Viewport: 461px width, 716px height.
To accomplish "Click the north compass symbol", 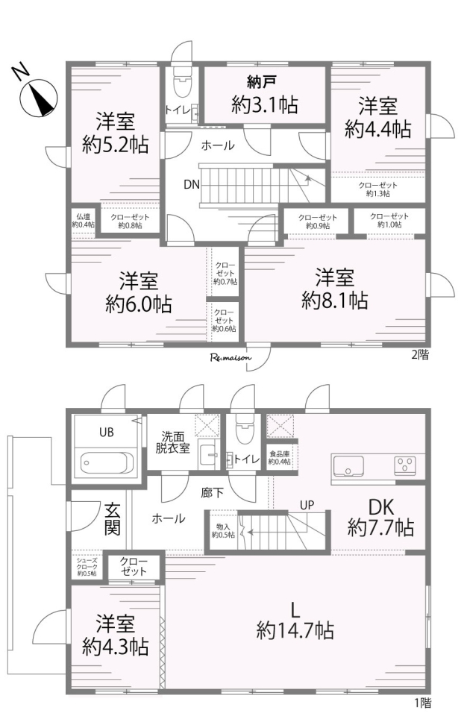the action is click(39, 97).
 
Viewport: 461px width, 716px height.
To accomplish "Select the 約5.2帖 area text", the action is click(115, 145).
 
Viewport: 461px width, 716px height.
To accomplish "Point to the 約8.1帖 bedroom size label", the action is click(334, 301).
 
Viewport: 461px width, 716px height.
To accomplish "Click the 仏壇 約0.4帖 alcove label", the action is click(83, 220).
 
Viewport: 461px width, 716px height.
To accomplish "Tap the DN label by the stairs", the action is click(192, 184).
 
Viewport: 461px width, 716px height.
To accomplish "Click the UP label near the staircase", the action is click(307, 505).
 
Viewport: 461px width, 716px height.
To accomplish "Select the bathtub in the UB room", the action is click(107, 463).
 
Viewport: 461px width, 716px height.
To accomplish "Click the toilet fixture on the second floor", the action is click(182, 84).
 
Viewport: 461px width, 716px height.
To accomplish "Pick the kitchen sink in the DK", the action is click(348, 466).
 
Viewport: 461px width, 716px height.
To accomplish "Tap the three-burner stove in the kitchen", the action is click(405, 465).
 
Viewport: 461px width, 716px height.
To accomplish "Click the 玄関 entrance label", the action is click(113, 519).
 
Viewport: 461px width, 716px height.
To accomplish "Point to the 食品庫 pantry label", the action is click(279, 458).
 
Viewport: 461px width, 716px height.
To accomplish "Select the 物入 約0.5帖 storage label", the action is click(223, 530).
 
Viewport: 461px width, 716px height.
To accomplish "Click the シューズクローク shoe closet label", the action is click(87, 567).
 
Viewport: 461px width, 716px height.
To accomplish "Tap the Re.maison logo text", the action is click(230, 357).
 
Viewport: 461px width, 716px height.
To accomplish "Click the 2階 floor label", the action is click(420, 355).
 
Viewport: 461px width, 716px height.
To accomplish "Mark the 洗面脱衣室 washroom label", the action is click(172, 442).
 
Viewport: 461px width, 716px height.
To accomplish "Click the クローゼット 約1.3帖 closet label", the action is click(378, 189).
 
